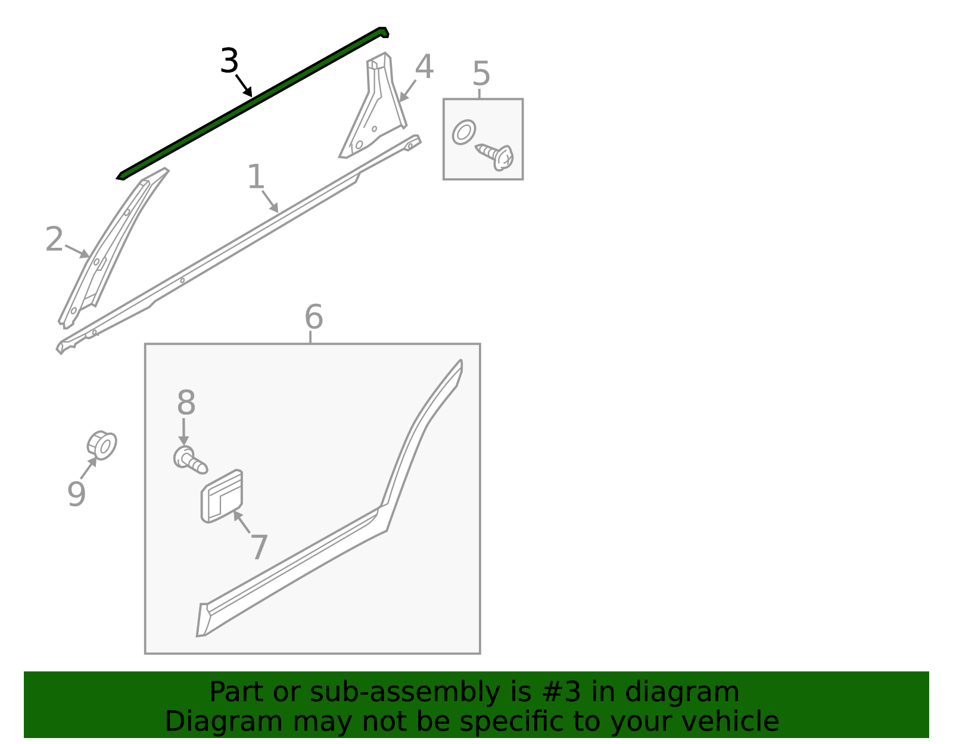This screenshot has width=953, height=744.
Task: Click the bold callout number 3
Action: coord(229,61)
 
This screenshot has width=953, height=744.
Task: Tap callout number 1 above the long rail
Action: coord(256,177)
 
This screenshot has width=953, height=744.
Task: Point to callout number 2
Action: coord(54,239)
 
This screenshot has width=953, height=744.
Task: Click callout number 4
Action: coord(424,67)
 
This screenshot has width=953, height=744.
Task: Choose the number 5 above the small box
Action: coord(481,74)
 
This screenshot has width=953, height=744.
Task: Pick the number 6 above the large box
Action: coord(313,317)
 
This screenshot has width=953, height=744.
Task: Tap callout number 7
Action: coord(259,547)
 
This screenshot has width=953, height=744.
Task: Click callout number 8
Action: coord(186,403)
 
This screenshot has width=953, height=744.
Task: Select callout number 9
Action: coord(76,494)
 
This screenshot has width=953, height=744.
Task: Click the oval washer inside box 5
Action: coord(464,132)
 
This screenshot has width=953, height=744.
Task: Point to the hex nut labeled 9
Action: coord(102,445)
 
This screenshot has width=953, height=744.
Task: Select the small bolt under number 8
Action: coord(189,460)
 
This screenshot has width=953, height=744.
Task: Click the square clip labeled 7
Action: coord(222,496)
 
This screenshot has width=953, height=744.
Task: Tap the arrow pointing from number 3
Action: coord(244,86)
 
